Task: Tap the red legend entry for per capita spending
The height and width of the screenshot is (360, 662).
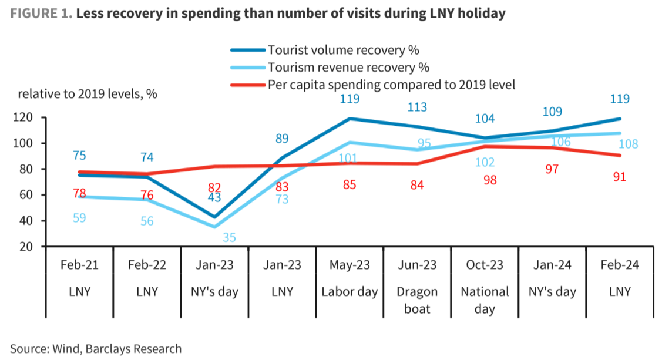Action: tap(391, 85)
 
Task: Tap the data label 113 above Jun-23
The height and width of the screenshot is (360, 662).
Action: tap(417, 107)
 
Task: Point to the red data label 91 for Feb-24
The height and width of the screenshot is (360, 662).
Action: tap(619, 177)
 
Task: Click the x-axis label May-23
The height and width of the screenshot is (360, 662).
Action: tap(350, 265)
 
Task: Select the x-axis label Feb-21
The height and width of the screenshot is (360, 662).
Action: tap(79, 265)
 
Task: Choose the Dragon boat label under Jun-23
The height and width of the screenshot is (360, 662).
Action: tap(418, 300)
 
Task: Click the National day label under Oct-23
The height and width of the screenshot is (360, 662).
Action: tap(485, 300)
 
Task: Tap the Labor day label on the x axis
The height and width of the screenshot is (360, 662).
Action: tap(350, 292)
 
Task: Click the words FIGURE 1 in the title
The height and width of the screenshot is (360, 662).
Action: tap(41, 14)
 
